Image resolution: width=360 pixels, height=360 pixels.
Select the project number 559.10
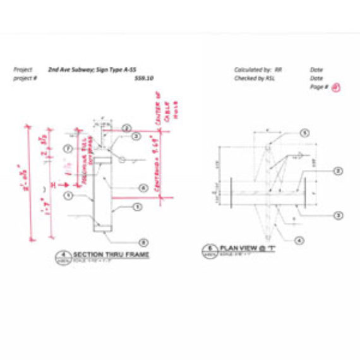(x=145, y=78)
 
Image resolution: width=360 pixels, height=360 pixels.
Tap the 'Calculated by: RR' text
(x=258, y=70)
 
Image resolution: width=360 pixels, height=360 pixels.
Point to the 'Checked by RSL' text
(x=257, y=78)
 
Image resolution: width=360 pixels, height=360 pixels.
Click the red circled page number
(x=337, y=87)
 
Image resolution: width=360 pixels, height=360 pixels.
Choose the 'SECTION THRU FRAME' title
(x=111, y=255)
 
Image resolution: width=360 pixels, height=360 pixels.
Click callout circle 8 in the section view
(x=144, y=242)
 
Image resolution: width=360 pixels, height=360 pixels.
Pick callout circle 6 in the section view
(x=144, y=188)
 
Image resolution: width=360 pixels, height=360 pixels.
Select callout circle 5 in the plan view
(x=304, y=133)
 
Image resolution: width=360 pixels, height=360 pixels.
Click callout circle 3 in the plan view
(x=339, y=215)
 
